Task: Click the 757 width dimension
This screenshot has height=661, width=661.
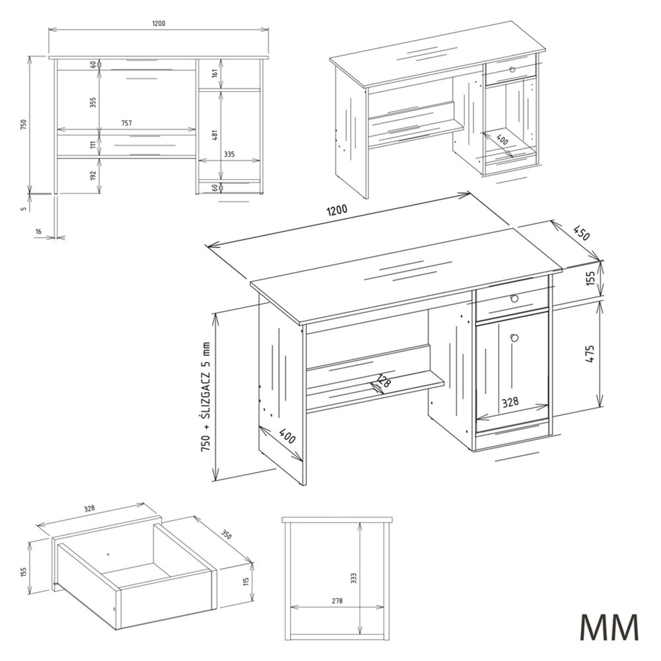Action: (x=126, y=123)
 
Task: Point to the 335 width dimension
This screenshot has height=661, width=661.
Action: (x=229, y=154)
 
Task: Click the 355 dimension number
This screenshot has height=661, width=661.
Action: (x=93, y=102)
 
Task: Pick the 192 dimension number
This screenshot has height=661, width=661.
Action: (x=93, y=175)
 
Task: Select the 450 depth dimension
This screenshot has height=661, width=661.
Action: (x=581, y=234)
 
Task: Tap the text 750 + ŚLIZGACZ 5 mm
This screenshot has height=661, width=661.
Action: (x=206, y=397)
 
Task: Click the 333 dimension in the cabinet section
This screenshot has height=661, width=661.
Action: (x=354, y=578)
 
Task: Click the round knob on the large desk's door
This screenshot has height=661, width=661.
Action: (x=514, y=338)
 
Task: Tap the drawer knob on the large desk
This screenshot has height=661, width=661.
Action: (x=514, y=299)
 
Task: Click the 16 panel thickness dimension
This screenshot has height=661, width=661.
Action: (x=38, y=232)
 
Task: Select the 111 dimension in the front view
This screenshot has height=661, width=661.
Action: (x=93, y=145)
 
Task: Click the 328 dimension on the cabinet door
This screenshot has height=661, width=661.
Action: (x=511, y=402)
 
